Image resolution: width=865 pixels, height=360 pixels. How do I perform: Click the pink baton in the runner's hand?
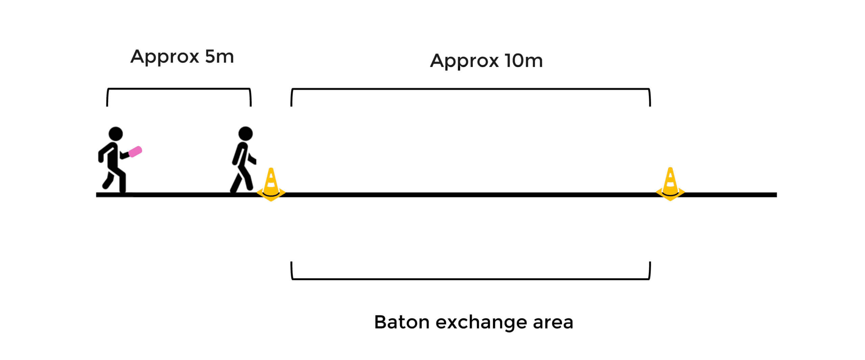135,152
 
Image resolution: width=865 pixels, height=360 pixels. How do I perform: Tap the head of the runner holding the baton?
116,134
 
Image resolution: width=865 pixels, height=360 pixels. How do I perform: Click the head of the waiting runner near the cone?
245,133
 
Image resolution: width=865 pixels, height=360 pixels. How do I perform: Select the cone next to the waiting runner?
271,184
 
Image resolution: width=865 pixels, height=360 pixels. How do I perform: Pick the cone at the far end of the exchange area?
670,184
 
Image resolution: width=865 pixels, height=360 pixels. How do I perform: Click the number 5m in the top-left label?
219,57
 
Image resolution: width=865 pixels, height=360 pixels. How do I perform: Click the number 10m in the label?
523,61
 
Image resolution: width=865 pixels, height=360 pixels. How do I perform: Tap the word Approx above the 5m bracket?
165,57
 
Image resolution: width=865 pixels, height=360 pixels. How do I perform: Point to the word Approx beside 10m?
464,61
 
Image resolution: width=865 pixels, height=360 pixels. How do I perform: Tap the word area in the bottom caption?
553,323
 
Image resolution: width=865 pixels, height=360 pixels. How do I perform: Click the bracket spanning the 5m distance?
179,89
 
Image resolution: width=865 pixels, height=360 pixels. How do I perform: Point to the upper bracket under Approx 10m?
470,89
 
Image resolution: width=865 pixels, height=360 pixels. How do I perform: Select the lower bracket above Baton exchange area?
470,279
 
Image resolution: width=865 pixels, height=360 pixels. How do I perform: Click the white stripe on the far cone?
670,184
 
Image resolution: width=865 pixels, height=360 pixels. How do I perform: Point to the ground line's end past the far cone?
774,195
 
